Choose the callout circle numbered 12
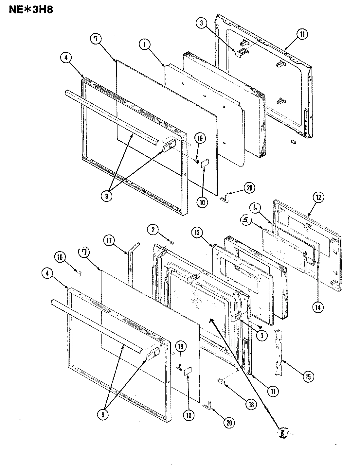point(319,198)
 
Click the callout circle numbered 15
point(308,376)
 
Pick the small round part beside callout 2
point(172,243)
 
